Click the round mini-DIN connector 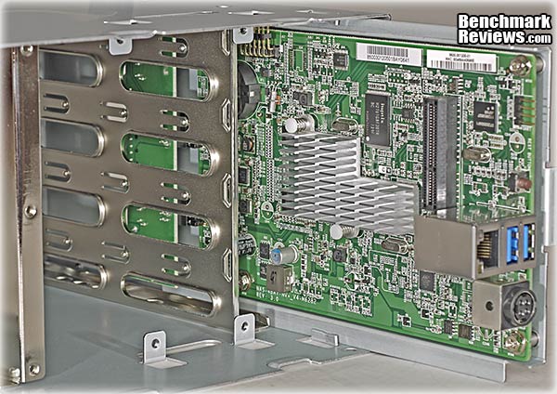click(517, 308)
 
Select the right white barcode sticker click(461, 62)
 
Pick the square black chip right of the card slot click(486, 115)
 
